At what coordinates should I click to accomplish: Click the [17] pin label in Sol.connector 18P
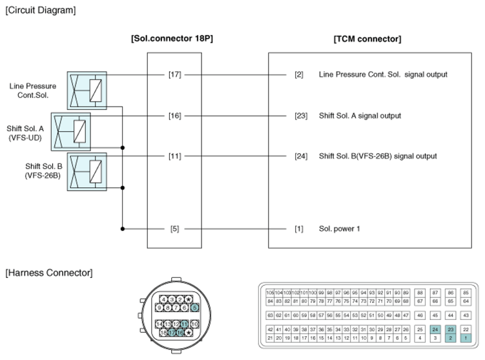(x=174, y=74)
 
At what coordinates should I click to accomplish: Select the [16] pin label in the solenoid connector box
(x=174, y=116)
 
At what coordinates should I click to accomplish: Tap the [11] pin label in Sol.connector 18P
(x=174, y=156)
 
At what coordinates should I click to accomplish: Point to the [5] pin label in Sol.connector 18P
(x=174, y=229)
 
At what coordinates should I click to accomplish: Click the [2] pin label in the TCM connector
(x=299, y=74)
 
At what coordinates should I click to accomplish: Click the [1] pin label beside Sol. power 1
(x=299, y=229)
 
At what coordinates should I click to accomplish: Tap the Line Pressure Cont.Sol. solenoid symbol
(x=87, y=88)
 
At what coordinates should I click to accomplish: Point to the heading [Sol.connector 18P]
(x=172, y=39)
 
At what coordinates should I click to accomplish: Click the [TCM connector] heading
(x=367, y=39)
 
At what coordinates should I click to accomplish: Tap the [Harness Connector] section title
(x=48, y=273)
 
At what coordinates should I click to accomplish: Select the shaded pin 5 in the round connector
(x=194, y=308)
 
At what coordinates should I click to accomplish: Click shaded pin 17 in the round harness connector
(x=172, y=333)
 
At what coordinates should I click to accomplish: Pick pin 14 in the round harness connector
(x=160, y=323)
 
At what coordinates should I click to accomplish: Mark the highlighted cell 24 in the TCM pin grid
(x=435, y=330)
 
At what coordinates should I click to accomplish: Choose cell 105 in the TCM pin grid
(x=270, y=293)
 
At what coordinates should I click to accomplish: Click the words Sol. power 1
(x=339, y=229)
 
